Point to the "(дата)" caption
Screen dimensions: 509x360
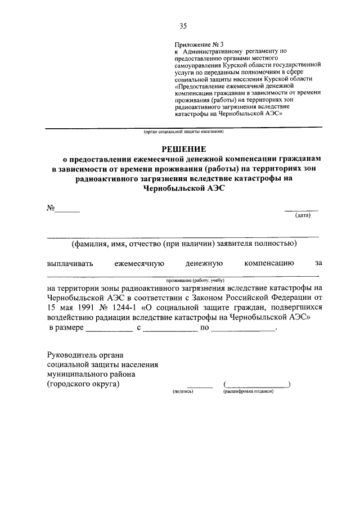[x=303, y=215]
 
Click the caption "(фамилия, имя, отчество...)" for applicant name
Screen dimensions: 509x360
[x=183, y=243]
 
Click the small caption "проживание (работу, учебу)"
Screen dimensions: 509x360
[x=195, y=279]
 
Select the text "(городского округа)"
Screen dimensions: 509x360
[x=83, y=384]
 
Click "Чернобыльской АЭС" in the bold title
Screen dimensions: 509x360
[x=184, y=188]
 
